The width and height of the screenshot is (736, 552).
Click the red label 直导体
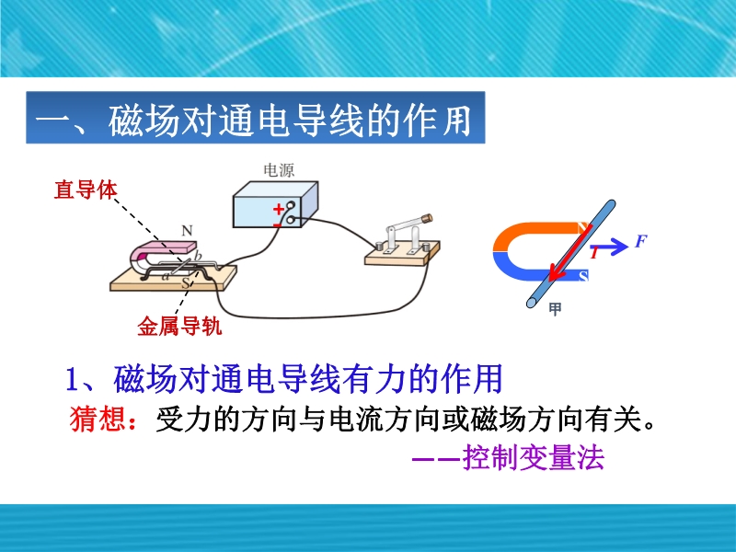[86, 190]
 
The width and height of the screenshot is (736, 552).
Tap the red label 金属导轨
[179, 326]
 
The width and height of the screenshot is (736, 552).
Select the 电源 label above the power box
[279, 170]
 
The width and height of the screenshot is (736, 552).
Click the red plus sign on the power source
[279, 209]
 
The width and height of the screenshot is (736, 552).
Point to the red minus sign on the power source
[277, 225]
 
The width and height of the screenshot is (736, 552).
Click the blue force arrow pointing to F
[613, 246]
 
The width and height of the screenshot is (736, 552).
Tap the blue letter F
[640, 241]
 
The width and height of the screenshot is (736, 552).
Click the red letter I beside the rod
[594, 253]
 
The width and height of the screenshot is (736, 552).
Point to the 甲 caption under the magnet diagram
[555, 309]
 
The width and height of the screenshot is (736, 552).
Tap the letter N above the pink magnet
[187, 231]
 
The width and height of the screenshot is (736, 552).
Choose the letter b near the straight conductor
[198, 256]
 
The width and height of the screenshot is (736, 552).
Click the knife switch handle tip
[427, 218]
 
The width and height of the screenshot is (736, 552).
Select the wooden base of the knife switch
[402, 254]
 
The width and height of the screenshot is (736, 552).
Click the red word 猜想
[98, 418]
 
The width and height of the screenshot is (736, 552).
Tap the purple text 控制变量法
[534, 456]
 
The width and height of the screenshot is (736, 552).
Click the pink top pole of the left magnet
[166, 247]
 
